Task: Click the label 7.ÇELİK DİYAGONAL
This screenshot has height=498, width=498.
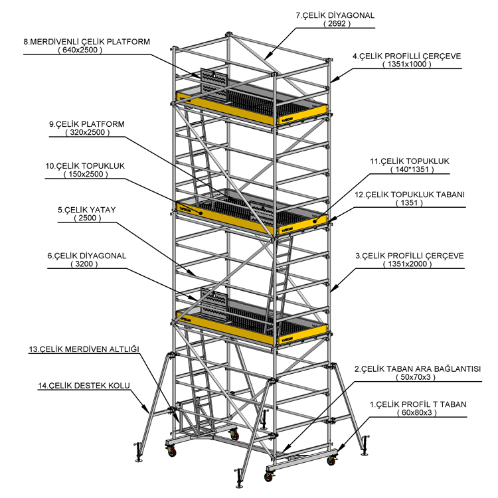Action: coord(336,15)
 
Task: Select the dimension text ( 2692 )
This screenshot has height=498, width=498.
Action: coord(336,24)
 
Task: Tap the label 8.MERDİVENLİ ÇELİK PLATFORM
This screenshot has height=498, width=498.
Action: coord(86,41)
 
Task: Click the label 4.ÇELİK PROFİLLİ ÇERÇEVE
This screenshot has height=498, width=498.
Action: coord(406,56)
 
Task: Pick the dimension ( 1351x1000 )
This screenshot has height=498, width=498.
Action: coord(406,65)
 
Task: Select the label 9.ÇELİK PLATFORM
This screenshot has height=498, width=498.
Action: coord(87,124)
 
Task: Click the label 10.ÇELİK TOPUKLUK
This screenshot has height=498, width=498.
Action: coord(86,166)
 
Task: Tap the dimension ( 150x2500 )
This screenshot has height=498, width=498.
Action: coord(86,175)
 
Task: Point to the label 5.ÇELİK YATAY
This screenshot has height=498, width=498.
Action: coord(87,209)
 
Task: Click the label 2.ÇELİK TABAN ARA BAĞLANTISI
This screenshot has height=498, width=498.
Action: coord(417,369)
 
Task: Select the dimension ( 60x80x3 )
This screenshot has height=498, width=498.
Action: coord(417,413)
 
